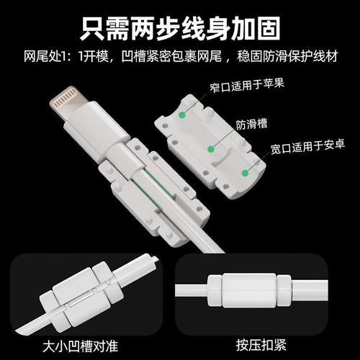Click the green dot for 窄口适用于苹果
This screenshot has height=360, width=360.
tap(185, 113)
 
